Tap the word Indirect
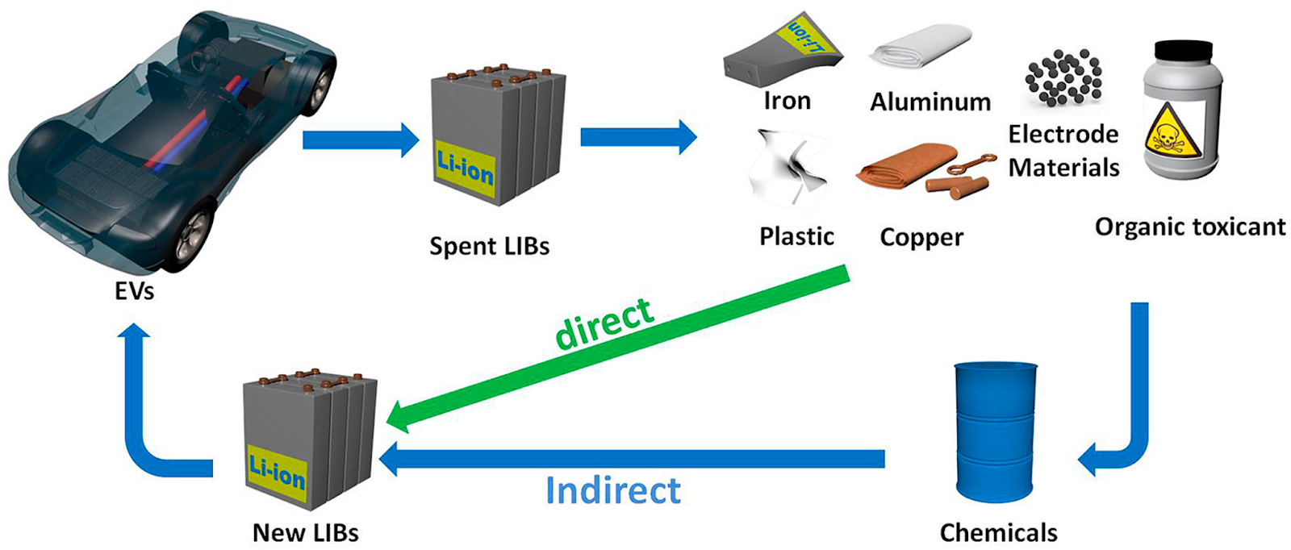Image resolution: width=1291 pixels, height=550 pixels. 613,490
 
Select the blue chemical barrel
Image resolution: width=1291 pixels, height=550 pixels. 996,431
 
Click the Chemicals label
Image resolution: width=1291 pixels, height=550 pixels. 998,532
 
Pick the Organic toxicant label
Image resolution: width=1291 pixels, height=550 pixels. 1189,227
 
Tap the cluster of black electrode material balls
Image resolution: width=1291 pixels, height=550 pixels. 1063,77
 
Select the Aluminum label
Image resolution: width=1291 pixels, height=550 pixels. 930,102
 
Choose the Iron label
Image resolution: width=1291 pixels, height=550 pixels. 787,101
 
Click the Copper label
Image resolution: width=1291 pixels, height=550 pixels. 921,237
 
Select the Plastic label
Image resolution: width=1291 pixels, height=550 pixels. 796,236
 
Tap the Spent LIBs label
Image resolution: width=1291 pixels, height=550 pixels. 489,246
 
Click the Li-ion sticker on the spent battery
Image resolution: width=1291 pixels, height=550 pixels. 465,168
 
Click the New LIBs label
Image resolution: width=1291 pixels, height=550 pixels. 305,532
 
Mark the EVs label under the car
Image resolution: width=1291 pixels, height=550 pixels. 135,290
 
